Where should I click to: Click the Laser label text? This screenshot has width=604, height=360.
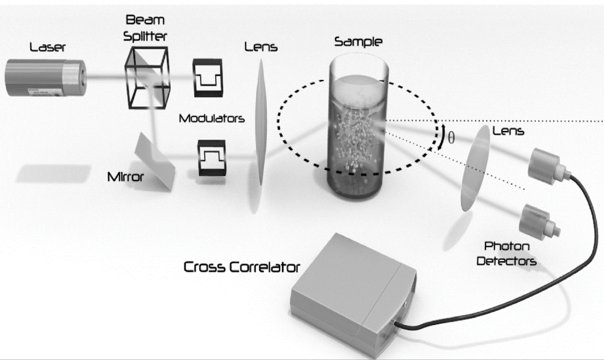click(48, 48)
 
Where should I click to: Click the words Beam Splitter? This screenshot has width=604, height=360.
click(145, 28)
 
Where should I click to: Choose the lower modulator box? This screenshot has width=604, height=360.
click(211, 159)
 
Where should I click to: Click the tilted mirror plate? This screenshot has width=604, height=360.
click(155, 162)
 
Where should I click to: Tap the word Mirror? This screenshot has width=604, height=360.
click(125, 178)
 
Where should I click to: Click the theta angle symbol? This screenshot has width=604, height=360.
click(451, 137)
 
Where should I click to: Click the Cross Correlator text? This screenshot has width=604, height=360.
click(242, 267)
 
